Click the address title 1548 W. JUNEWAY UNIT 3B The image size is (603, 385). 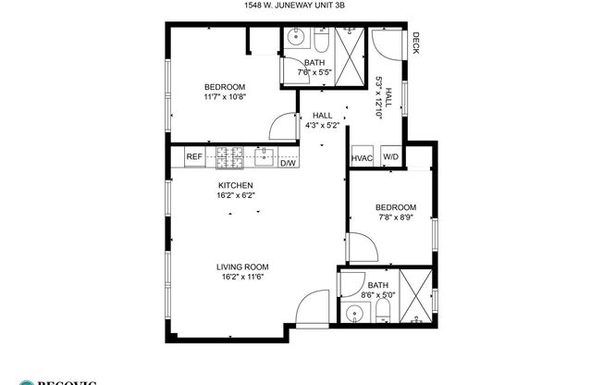coord(301,6)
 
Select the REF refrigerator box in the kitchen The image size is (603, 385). coord(194,157)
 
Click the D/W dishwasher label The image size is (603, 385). coord(288,163)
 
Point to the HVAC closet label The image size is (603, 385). coord(361,157)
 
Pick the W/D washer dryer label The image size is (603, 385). coord(390,157)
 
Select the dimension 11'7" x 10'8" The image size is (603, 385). coord(225,96)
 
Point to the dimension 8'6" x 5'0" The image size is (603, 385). coord(377,295)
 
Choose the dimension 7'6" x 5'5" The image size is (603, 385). coord(314,71)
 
